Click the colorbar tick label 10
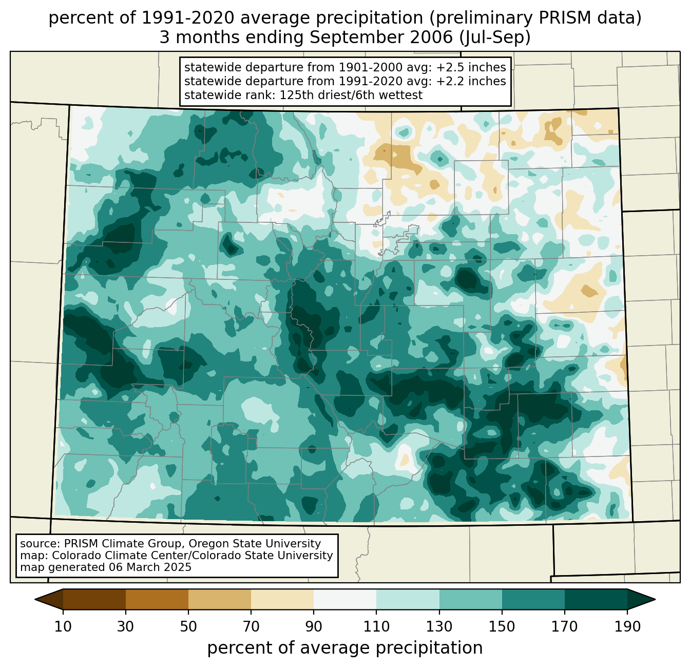click(63, 626)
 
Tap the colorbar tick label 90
click(314, 626)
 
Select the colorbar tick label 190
click(627, 626)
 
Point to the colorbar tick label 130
click(439, 626)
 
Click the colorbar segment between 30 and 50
click(157, 599)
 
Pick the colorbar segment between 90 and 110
click(345, 599)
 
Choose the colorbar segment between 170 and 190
click(596, 599)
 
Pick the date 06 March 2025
click(150, 567)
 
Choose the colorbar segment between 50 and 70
click(220, 599)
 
